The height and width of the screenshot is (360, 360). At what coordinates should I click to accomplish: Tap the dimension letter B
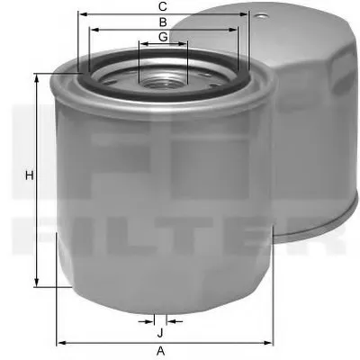[162, 21]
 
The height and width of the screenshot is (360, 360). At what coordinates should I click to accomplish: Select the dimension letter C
[162, 6]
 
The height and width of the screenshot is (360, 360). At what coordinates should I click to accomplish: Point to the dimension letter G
[162, 36]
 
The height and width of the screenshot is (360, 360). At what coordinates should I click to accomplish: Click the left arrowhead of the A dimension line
[59, 342]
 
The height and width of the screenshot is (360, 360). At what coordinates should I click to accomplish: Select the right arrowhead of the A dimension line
[269, 342]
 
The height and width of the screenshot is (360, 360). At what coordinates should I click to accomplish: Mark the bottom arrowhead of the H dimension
[38, 284]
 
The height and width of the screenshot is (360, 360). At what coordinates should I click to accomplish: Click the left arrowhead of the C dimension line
[80, 14]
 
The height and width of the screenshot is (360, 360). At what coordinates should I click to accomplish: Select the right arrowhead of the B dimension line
[236, 29]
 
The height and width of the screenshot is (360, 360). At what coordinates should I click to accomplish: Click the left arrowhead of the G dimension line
[141, 44]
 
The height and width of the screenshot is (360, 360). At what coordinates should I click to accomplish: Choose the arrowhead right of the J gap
[171, 319]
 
